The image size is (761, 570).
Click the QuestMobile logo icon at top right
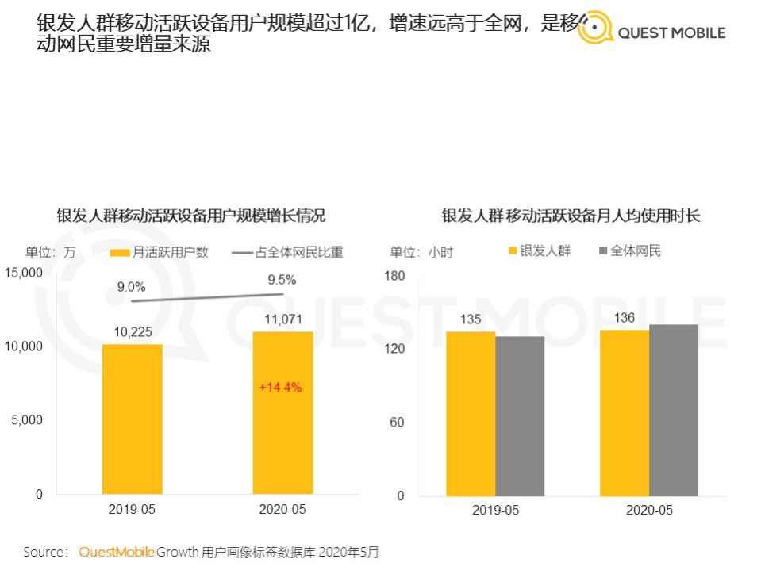[x=595, y=29]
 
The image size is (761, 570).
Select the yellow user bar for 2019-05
[x=132, y=419]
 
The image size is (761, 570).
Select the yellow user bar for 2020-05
[x=282, y=412]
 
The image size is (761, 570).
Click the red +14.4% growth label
[x=281, y=388]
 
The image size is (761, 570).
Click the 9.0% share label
[x=131, y=286]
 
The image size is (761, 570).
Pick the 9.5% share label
[x=282, y=279]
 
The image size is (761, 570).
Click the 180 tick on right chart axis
[x=394, y=276]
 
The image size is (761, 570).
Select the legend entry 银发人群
[x=539, y=251]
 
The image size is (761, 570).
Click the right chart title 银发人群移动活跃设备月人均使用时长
[x=571, y=216]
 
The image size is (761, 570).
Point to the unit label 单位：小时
[x=421, y=252]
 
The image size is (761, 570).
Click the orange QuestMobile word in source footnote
[x=116, y=552]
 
